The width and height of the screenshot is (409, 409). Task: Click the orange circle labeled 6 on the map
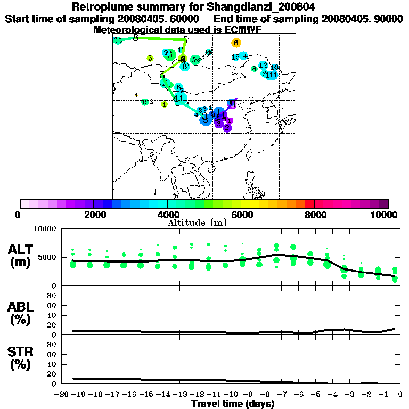click(236, 43)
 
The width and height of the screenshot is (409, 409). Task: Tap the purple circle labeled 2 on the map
click(227, 127)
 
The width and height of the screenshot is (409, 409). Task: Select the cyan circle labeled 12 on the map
click(263, 65)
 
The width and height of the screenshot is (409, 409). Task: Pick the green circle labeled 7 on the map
click(195, 60)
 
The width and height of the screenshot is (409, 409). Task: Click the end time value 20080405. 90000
click(362, 19)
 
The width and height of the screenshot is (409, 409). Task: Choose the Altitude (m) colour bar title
click(198, 222)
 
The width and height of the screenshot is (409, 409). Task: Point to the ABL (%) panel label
click(21, 314)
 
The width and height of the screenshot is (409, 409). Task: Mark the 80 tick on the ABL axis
click(53, 296)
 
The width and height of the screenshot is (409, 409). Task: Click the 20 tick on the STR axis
click(53, 374)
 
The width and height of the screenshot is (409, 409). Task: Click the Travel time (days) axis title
click(233, 404)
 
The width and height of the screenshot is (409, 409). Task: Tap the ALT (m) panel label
click(21, 256)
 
